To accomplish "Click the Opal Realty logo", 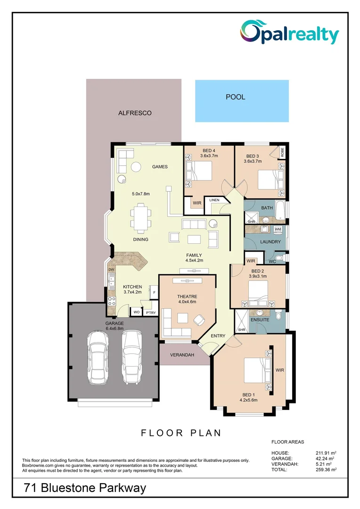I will point(289,33).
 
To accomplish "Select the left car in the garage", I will point(98,357).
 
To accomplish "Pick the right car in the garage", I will point(131,357).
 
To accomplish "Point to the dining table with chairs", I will point(141,218).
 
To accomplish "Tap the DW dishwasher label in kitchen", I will point(111,270).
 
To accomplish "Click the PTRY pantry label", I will point(150,312).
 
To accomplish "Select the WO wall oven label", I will point(137,312).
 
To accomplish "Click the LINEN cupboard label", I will point(214,200).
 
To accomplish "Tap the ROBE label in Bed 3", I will point(282,152).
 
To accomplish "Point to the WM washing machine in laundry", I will point(278,230).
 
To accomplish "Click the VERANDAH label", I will point(182,355).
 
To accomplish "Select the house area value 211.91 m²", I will point(325,452).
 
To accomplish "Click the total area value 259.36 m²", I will point(325,469).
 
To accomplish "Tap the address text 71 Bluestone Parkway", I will point(85,488).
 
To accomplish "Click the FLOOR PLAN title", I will point(181,433).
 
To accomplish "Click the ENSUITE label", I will point(260,320).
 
